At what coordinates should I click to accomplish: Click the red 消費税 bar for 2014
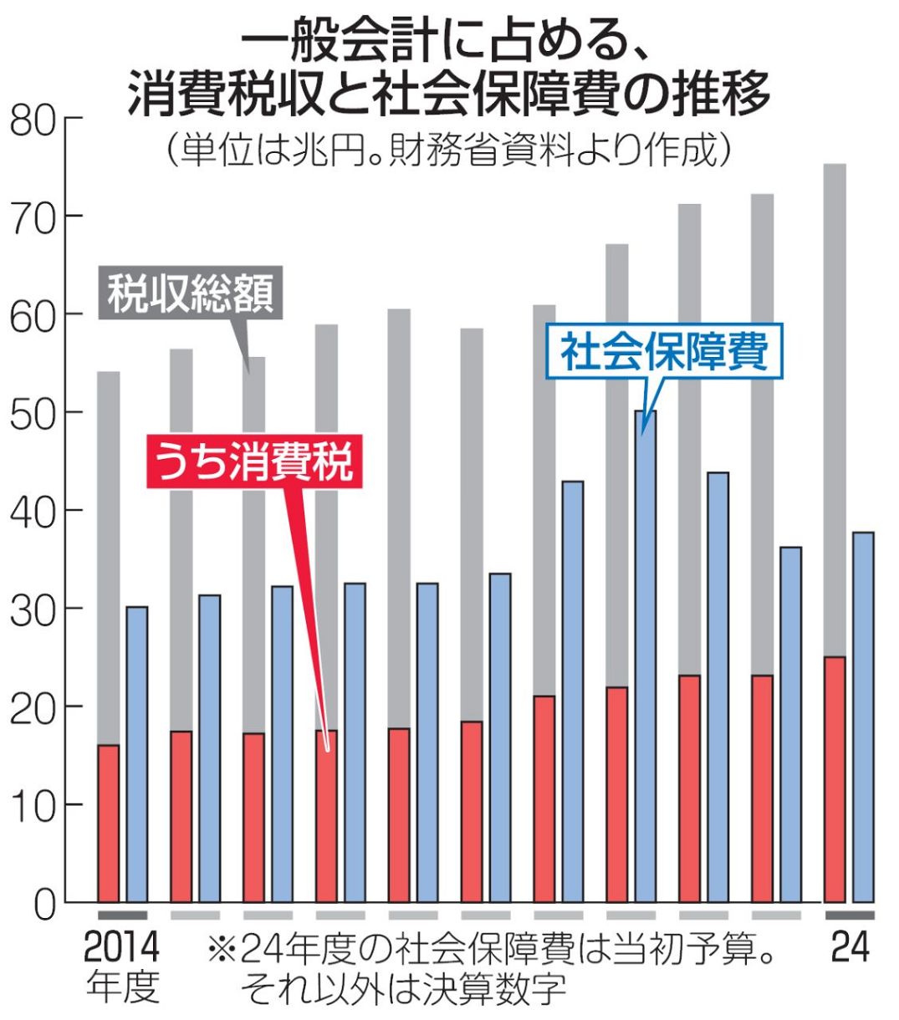point(109,823)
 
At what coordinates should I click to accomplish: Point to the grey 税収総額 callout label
point(191,293)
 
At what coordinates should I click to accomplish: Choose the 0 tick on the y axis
point(45,903)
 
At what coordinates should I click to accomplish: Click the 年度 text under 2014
point(122,987)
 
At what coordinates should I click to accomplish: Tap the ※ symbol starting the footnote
point(222,950)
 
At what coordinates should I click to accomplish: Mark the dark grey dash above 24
point(850,915)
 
